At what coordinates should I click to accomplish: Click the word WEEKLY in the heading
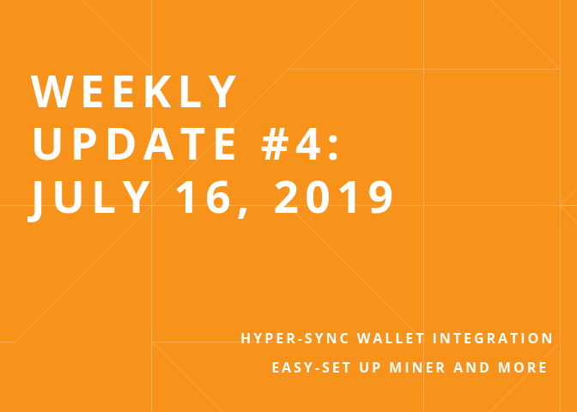coord(133,91)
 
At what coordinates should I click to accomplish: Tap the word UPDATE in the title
coord(134,144)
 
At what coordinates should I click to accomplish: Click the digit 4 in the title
coord(307,144)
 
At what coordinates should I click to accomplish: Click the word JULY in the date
coord(89,198)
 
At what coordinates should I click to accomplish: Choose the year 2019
coord(334,197)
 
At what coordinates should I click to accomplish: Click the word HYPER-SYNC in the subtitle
coord(295,338)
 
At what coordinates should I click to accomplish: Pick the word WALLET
coord(391,338)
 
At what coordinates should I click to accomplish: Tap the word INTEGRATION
coord(493,338)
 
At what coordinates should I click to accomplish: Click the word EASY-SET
coord(312,367)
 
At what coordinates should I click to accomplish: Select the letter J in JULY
coord(34,202)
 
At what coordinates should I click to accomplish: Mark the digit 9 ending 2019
coord(381,197)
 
